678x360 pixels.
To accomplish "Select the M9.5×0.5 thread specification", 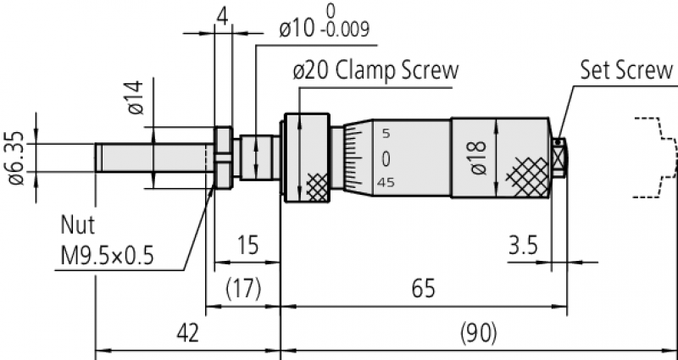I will tap(107, 256).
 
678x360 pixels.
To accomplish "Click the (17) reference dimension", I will tap(242, 290).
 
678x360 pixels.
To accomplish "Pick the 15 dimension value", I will tap(247, 246).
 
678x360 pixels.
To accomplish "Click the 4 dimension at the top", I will tap(222, 16).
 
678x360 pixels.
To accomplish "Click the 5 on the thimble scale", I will tap(386, 134).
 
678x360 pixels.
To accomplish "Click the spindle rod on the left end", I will tap(153, 158).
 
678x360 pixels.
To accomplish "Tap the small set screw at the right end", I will tap(559, 157).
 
